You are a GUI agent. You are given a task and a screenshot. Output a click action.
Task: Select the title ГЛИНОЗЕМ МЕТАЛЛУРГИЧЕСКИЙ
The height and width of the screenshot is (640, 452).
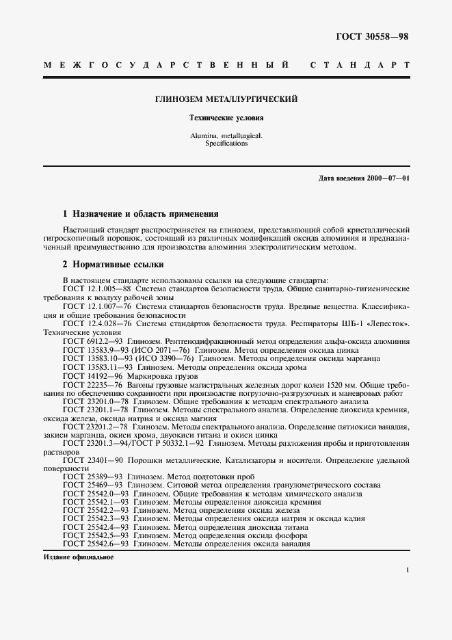click(x=226, y=100)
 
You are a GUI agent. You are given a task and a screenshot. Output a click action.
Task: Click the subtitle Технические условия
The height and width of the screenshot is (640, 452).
click(x=226, y=118)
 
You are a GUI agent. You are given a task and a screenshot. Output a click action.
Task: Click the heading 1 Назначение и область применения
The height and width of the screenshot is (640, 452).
click(x=139, y=213)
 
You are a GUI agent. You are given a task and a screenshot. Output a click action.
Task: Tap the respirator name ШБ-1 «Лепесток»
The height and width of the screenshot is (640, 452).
click(x=378, y=323)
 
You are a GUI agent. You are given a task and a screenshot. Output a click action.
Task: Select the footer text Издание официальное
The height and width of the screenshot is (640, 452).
click(x=77, y=557)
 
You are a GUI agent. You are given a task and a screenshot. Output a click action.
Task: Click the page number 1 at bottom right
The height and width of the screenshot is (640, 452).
click(x=407, y=570)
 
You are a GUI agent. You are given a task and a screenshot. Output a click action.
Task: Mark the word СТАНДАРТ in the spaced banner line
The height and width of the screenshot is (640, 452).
click(x=360, y=65)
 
